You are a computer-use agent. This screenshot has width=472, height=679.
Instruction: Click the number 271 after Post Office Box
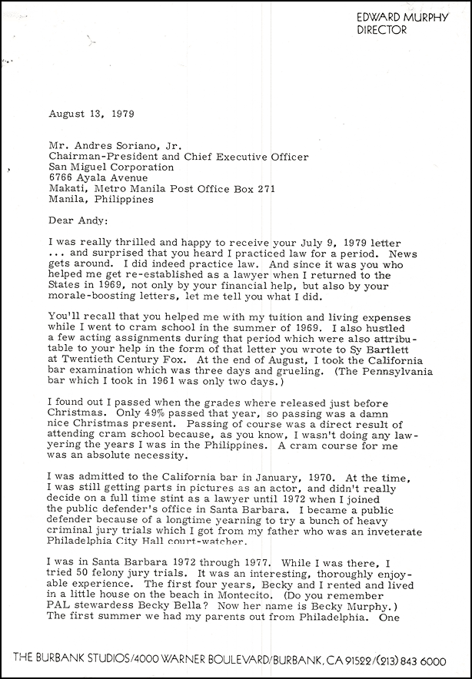(264, 189)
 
